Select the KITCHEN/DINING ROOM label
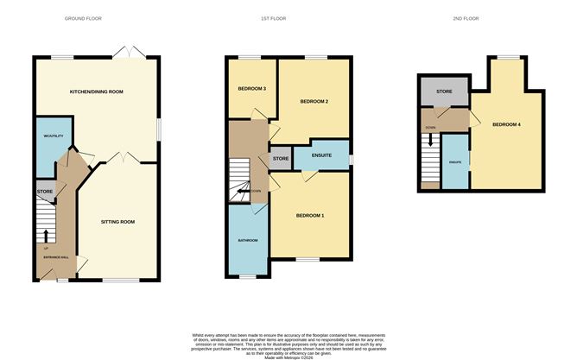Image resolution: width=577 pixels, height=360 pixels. point(97,91)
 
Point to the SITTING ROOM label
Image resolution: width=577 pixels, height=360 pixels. point(118,222)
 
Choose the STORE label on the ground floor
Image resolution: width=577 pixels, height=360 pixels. point(44,191)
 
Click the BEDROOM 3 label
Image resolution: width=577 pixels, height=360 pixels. point(251,88)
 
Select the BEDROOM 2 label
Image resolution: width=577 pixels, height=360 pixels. point(314,102)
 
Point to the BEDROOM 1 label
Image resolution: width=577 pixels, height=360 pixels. point(309,214)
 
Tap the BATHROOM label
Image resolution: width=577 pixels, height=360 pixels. point(249,239)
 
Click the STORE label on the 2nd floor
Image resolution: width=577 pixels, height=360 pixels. point(444,90)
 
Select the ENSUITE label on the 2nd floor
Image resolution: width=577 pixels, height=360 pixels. point(454,161)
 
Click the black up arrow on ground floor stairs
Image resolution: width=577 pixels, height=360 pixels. point(45,234)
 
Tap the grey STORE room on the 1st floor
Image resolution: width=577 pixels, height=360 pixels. point(281,159)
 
